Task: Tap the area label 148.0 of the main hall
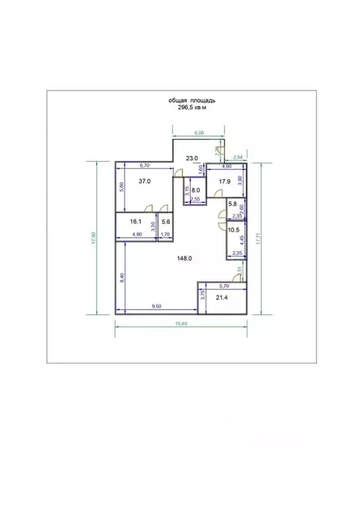click(x=185, y=259)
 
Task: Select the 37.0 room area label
click(x=145, y=181)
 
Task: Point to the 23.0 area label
click(x=192, y=158)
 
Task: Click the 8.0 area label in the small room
click(x=194, y=188)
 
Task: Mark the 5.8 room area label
click(x=232, y=205)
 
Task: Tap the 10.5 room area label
click(x=233, y=230)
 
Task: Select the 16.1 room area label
click(x=136, y=222)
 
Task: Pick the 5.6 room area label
click(x=165, y=222)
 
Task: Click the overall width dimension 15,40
click(x=181, y=323)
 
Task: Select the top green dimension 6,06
click(x=199, y=133)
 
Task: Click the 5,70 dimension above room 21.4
click(x=224, y=285)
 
